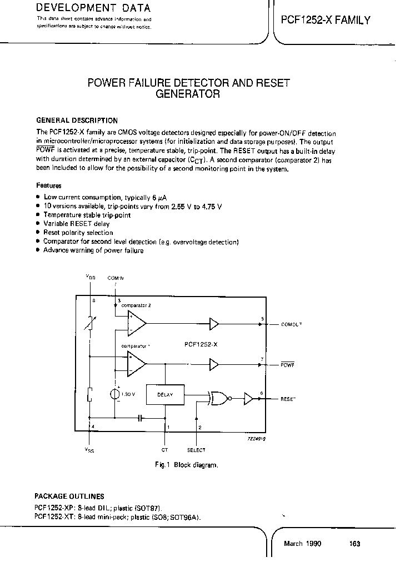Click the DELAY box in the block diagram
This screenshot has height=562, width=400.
click(165, 395)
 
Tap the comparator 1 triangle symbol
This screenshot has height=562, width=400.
click(136, 364)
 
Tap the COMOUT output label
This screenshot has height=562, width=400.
click(292, 324)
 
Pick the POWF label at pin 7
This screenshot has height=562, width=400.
click(288, 365)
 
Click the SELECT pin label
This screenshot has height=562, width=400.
click(196, 450)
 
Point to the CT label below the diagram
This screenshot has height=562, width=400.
click(164, 450)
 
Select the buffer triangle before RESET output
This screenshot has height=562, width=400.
click(249, 397)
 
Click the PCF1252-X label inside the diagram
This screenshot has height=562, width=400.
click(201, 344)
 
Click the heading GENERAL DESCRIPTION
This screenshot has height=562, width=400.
click(77, 120)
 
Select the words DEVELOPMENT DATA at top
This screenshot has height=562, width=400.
click(93, 8)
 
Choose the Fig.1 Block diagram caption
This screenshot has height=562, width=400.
click(186, 465)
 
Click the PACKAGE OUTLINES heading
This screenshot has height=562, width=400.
click(69, 496)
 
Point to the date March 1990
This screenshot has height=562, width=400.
click(302, 544)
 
